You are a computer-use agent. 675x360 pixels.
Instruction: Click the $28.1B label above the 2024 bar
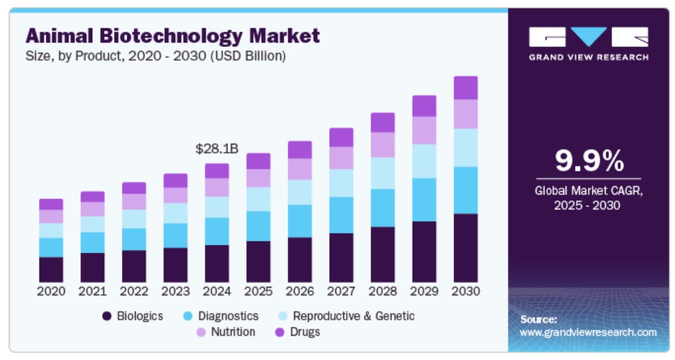click(x=216, y=150)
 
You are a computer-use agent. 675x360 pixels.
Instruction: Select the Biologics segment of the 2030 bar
click(x=465, y=248)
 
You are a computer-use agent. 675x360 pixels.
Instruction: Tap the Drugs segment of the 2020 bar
click(x=51, y=204)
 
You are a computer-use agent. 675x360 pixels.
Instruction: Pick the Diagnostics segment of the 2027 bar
click(x=341, y=215)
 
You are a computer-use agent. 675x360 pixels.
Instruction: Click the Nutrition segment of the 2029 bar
click(x=424, y=131)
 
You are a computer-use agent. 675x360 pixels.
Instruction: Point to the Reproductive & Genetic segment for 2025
click(x=258, y=199)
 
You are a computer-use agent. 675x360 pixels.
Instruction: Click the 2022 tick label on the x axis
click(x=134, y=291)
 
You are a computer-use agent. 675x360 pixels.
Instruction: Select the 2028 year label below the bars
click(x=382, y=291)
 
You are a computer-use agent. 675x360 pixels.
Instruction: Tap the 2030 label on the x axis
click(x=465, y=291)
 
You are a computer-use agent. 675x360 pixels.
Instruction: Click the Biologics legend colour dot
click(x=107, y=316)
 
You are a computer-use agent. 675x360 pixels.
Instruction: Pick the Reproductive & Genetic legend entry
click(x=353, y=316)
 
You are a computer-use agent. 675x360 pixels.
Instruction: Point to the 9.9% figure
click(x=588, y=160)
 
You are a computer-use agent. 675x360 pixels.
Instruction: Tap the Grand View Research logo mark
click(x=588, y=37)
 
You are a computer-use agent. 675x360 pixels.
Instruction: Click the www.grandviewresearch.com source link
click(x=588, y=332)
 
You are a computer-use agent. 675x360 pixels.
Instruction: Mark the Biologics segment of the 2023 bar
click(x=175, y=265)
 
